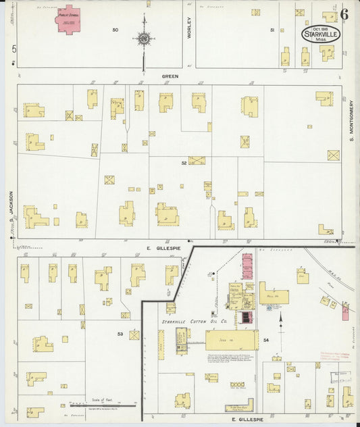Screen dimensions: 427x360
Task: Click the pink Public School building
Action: coord(69,18)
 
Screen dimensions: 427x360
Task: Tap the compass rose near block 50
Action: coord(144,39)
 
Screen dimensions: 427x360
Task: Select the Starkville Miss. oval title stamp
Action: coord(321,34)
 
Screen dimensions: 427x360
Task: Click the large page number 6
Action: coord(344,14)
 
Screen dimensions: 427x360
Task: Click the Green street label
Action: coord(169,76)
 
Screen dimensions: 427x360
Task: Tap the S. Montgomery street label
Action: coord(352,122)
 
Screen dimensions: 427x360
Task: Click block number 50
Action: coord(115,30)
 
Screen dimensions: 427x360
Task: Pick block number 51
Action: coord(272,30)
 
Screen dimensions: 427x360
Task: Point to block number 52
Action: coord(183,163)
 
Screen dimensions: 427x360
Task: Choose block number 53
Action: coord(120,334)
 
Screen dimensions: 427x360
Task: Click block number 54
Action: coord(266,339)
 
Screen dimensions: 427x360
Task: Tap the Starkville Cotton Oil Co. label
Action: coord(194,322)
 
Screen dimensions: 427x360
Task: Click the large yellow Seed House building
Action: coord(232,340)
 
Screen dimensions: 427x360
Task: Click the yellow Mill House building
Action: coord(274,295)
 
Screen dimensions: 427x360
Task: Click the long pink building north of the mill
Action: coord(247,266)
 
